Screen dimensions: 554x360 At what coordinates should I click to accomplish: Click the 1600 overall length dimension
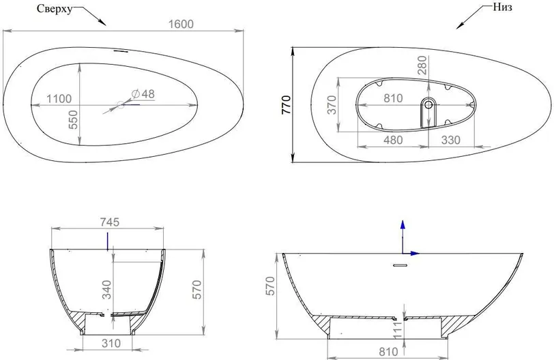[181, 24]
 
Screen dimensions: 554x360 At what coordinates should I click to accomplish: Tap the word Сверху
[55, 9]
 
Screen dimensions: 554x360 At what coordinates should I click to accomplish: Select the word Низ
[502, 7]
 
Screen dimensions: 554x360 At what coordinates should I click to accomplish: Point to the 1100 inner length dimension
[59, 98]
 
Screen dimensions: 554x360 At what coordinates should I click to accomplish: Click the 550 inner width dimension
[73, 119]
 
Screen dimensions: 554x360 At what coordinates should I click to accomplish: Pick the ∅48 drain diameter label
[143, 94]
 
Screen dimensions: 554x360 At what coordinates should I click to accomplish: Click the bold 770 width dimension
[286, 104]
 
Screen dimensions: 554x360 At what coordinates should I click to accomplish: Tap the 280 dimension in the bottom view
[422, 65]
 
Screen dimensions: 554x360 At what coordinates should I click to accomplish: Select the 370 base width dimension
[332, 105]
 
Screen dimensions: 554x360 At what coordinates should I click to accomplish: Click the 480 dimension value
[393, 140]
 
